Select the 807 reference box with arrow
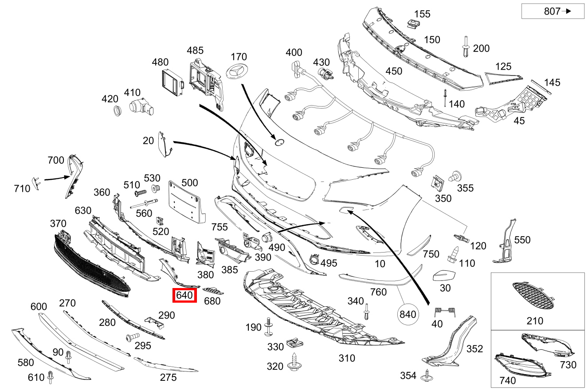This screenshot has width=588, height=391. point(553,12)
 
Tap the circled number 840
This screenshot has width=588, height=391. point(408,314)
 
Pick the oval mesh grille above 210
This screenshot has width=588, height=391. point(532,296)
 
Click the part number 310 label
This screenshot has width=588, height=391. point(347,358)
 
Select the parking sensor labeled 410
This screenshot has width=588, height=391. point(140,107)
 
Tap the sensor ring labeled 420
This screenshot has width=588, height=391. point(117,111)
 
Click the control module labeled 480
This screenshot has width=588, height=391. point(172,83)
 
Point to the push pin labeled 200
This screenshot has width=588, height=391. point(466,47)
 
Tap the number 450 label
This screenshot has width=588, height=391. point(394,71)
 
